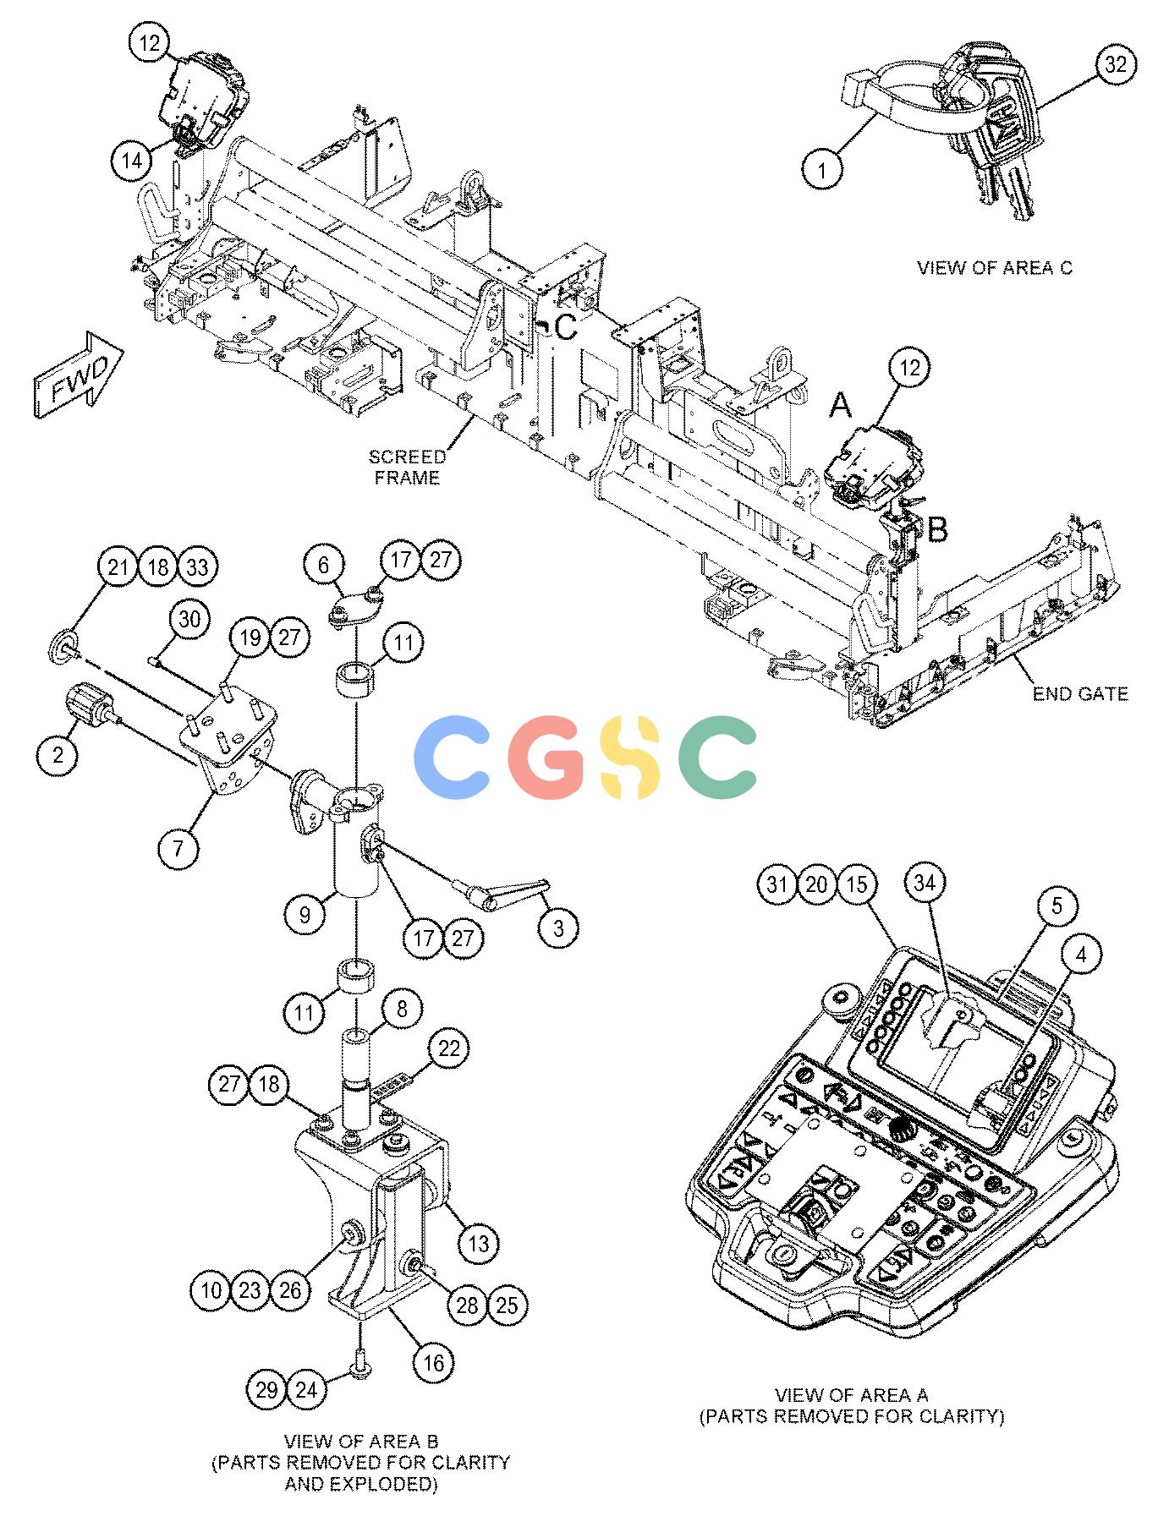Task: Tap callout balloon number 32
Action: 1117,64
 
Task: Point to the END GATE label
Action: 1080,693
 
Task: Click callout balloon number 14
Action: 132,161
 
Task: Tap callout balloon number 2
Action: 58,754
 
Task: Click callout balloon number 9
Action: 305,914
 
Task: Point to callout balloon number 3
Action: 558,928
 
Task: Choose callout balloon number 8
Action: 403,1008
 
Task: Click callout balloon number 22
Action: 449,1048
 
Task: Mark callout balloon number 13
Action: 479,1244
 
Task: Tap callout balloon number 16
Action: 433,1362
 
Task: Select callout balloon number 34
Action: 927,883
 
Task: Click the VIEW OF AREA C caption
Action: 995,267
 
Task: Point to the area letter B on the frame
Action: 938,530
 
